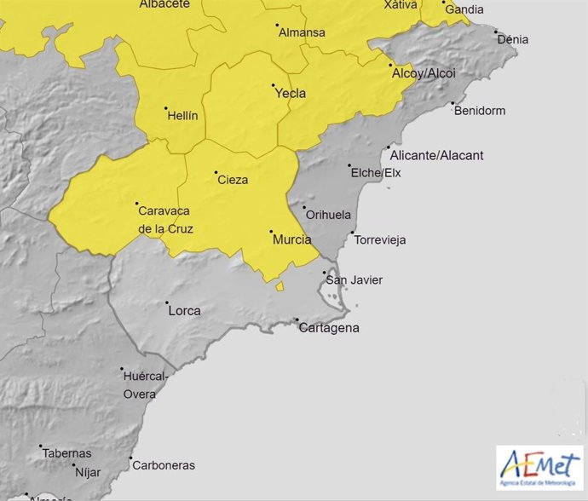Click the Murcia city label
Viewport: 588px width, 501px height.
[291, 240]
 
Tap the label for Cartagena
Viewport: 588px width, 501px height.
[329, 328]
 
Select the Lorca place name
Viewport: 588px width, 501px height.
[184, 311]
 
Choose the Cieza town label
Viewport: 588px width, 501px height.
[233, 180]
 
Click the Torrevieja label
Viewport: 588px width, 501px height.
[379, 240]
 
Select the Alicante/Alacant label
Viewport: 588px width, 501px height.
[435, 155]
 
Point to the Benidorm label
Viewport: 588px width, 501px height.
[480, 111]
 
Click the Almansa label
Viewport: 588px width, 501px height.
[302, 33]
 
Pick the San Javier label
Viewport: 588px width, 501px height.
[355, 280]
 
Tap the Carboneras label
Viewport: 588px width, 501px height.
[163, 465]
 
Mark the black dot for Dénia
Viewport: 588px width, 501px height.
[496, 32]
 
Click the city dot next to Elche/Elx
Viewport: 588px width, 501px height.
[350, 166]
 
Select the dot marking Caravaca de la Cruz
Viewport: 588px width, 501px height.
[137, 204]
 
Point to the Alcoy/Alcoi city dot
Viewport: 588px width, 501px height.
[391, 66]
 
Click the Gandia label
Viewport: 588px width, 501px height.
[464, 9]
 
